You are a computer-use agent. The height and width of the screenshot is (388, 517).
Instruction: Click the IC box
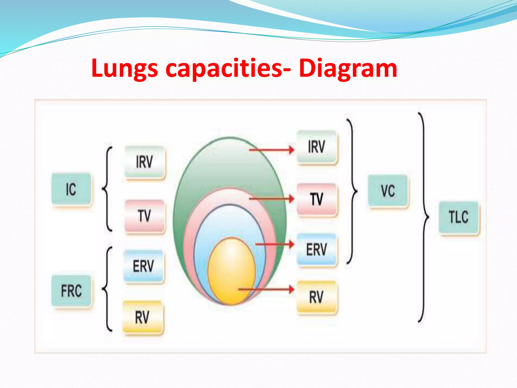71,189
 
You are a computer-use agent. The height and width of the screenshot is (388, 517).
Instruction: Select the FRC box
71,290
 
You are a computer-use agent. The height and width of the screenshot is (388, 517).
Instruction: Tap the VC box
388,191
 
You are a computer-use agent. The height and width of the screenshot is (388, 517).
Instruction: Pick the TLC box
459,217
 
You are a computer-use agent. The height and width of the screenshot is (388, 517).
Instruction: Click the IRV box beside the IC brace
144,162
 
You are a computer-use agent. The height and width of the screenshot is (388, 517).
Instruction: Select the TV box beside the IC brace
144,216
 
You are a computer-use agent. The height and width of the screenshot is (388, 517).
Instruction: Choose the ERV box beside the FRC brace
143,266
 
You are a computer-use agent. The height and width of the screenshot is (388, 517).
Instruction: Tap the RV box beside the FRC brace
142,317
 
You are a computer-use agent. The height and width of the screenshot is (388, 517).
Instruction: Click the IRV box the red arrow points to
317,147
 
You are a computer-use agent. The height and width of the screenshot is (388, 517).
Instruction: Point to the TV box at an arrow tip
317,199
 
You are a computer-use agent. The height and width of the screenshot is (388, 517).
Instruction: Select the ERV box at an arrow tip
317,249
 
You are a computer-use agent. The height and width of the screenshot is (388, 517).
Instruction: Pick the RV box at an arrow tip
317,297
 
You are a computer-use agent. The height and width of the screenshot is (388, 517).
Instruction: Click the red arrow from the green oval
271,150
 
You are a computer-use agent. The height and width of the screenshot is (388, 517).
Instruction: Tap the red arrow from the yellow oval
266,289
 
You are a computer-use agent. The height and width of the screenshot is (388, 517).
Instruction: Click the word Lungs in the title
125,68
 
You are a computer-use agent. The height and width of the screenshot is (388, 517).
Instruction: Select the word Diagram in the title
348,68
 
